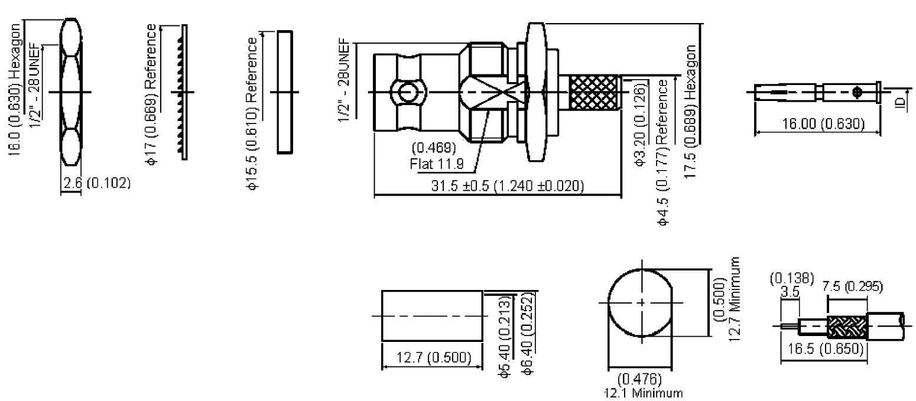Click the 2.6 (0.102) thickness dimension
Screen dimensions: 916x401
pos(97,182)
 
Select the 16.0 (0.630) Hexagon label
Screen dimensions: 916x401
pos(15,90)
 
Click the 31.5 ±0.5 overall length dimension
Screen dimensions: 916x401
pos(508,186)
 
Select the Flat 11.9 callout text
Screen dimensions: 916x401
pos(437,164)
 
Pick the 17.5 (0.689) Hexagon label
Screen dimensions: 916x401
pos(690,112)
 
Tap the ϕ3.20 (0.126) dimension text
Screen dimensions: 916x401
pos(640,124)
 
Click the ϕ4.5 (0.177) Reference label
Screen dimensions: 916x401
pos(663,152)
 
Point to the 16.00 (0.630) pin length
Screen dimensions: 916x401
pos(823,124)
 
